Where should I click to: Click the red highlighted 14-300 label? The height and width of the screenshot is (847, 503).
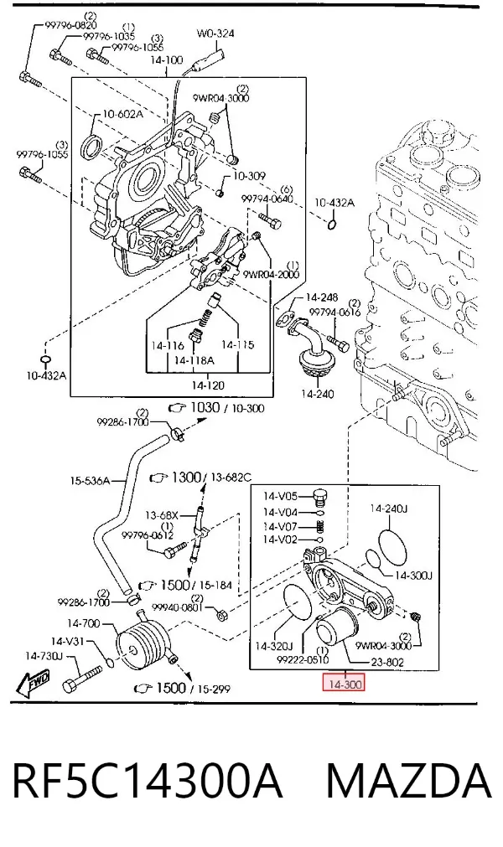click(345, 684)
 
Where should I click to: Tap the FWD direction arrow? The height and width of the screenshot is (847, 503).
click(33, 681)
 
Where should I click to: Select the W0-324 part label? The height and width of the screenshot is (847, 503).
click(215, 34)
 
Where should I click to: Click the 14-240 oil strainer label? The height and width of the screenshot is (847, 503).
click(317, 394)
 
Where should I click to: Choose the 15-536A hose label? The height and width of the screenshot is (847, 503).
click(90, 480)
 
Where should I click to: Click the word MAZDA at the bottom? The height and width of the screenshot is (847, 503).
click(408, 781)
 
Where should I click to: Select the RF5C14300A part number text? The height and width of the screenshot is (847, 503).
click(147, 781)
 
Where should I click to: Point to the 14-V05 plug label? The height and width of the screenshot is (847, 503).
click(280, 496)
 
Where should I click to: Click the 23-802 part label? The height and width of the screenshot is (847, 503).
click(386, 662)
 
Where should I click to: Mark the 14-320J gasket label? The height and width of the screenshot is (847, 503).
click(273, 646)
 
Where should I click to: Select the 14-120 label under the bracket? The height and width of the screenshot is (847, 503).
click(207, 385)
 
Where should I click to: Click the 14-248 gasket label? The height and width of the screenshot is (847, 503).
click(321, 297)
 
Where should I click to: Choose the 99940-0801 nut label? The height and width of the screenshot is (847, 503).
click(177, 607)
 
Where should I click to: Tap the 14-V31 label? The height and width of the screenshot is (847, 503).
click(69, 641)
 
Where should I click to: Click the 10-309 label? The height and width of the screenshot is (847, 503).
click(249, 176)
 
